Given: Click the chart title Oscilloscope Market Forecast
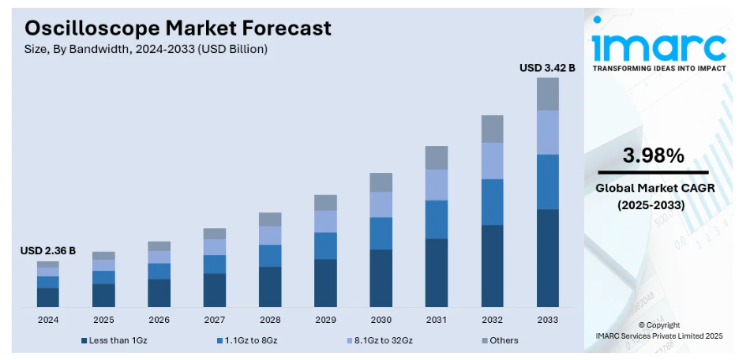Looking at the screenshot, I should (x=178, y=28).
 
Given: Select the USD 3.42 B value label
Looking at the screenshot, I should (x=547, y=68).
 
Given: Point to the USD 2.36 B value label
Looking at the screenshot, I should (x=48, y=251).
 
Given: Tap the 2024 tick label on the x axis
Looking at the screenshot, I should (x=48, y=320).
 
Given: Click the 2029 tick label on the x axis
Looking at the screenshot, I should (x=325, y=320).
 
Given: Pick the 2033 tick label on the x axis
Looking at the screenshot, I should (x=547, y=320).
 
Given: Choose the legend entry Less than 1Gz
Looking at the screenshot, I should (x=115, y=340).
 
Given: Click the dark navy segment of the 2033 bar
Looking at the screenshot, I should (x=547, y=258).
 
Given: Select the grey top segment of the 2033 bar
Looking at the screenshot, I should (x=547, y=94).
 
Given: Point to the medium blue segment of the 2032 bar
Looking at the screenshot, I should (x=492, y=202).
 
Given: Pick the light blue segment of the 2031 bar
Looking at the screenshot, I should (x=437, y=185).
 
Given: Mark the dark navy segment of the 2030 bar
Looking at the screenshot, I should (x=381, y=278).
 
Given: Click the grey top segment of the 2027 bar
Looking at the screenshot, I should (x=215, y=234).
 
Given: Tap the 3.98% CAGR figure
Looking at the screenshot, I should (x=653, y=156).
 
